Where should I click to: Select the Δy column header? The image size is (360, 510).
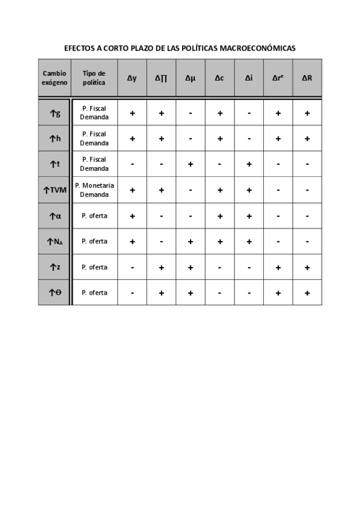click(x=132, y=78)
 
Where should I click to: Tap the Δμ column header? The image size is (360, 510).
click(x=191, y=78)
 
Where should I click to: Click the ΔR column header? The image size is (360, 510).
click(x=307, y=78)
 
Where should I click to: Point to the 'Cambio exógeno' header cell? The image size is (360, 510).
click(x=55, y=78)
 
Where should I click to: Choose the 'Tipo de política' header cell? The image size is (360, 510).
click(x=94, y=78)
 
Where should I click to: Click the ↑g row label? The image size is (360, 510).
click(x=55, y=112)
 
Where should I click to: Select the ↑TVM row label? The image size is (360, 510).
click(x=55, y=189)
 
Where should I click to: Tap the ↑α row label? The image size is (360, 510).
click(x=55, y=215)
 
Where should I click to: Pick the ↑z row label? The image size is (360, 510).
click(x=55, y=266)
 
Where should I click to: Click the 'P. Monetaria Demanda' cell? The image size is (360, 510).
click(x=94, y=189)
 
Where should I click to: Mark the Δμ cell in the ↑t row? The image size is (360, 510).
click(x=191, y=164)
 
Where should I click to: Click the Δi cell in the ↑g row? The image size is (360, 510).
click(x=249, y=112)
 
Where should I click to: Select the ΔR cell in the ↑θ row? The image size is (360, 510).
click(x=307, y=292)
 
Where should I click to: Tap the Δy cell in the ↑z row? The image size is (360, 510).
click(x=132, y=266)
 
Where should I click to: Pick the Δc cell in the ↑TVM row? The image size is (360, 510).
click(x=220, y=189)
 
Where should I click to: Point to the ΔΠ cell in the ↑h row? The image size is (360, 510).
click(x=161, y=138)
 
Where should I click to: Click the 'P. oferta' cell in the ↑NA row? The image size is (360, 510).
click(x=94, y=241)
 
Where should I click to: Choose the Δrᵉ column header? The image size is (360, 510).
click(x=278, y=78)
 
